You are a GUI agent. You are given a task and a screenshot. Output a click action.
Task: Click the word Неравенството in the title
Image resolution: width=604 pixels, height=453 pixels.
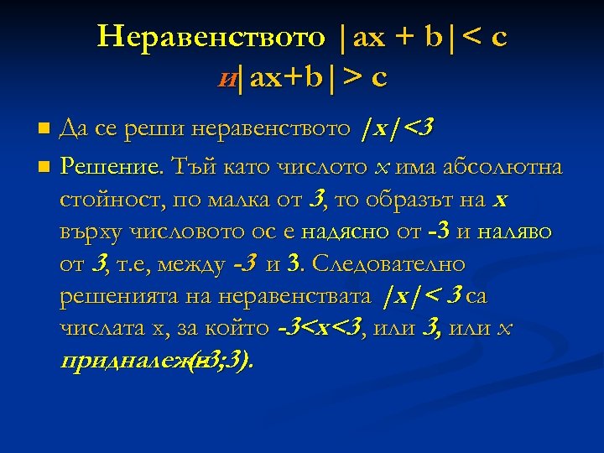pos(210,38)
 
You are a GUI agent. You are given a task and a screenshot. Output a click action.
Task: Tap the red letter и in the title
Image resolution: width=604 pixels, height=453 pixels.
pos(226,79)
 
